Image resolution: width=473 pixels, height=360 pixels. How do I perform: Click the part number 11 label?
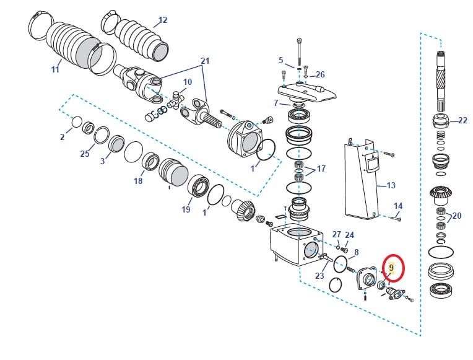tap(55, 69)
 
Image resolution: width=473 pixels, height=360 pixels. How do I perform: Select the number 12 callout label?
tap(162, 20)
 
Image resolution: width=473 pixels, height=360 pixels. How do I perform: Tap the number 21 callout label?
tap(205, 62)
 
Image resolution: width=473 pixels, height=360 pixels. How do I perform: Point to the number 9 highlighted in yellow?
tap(391, 268)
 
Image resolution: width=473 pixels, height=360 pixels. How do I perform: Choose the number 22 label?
tap(462, 120)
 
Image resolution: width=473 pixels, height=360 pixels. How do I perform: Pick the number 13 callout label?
tap(390, 185)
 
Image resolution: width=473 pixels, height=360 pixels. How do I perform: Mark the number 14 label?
tap(397, 206)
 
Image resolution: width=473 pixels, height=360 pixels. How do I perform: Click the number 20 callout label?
tap(457, 216)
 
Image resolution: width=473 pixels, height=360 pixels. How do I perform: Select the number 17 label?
tap(321, 169)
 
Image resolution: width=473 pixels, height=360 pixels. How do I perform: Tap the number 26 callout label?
tap(320, 74)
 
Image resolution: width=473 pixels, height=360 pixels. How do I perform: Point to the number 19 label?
tap(186, 210)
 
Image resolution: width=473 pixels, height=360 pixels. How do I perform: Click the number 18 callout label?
tap(138, 181)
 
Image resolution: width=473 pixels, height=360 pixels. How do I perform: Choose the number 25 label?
tap(85, 154)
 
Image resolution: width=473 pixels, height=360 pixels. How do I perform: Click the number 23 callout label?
tap(319, 276)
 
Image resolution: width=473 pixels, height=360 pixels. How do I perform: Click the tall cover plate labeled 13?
tap(362, 180)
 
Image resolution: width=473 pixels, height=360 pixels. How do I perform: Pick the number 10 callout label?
tap(187, 82)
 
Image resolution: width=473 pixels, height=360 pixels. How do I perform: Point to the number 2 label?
tap(62, 137)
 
